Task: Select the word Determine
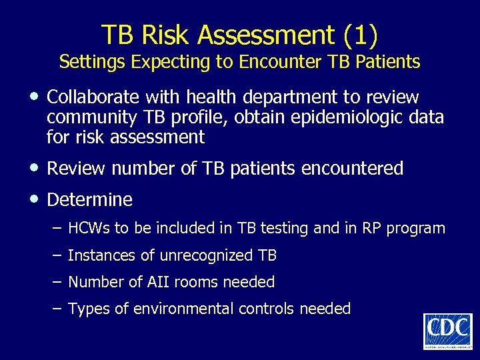90,199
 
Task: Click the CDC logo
447,331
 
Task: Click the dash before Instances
56,255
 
